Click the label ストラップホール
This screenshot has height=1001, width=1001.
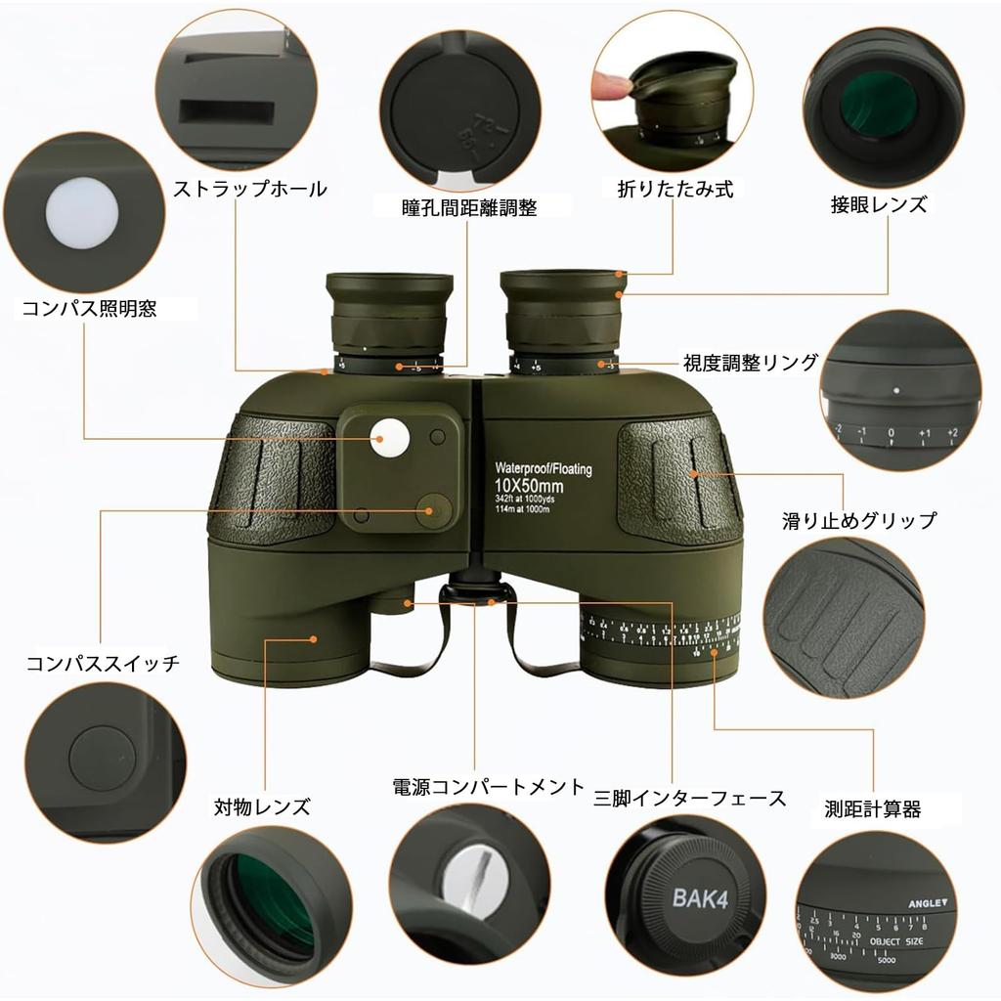249,189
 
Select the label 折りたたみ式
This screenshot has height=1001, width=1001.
675,189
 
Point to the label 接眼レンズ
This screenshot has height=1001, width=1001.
878,205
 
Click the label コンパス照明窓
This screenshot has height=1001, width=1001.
89,309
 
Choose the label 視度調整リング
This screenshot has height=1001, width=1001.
750,363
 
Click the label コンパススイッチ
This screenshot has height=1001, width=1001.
103,664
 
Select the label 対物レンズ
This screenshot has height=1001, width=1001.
262,806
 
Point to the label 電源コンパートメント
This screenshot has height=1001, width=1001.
488,787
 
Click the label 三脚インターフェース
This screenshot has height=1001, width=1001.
690,798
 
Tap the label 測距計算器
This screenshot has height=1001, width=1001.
872,808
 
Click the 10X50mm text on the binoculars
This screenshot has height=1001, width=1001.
528,486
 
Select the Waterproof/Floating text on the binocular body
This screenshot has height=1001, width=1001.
543,469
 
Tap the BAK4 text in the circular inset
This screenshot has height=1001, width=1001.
696,896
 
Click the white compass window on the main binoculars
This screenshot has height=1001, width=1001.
389,438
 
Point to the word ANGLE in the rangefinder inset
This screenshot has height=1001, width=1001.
926,904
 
